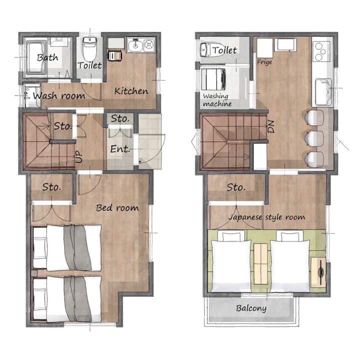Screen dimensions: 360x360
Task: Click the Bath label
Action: point(47,57)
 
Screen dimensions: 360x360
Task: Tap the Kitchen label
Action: point(131,91)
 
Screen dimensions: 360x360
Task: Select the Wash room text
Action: point(59,95)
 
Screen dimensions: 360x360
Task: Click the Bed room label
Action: point(117,208)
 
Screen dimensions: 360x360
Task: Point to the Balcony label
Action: point(251,308)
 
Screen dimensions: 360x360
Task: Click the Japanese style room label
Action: point(267,217)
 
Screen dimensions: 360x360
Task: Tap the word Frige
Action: point(264,62)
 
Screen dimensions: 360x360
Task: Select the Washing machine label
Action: point(217,100)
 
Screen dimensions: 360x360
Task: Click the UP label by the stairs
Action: point(79,157)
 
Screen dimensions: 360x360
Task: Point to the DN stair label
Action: point(271,126)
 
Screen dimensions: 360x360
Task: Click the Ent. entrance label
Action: point(120,149)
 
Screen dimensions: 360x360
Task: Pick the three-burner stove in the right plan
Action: point(320,51)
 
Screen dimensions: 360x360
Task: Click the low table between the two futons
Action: point(261,264)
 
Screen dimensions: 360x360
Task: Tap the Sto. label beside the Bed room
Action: point(51,187)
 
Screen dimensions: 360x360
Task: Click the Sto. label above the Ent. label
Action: point(120,118)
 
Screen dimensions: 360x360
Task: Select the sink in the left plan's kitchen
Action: point(135,45)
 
